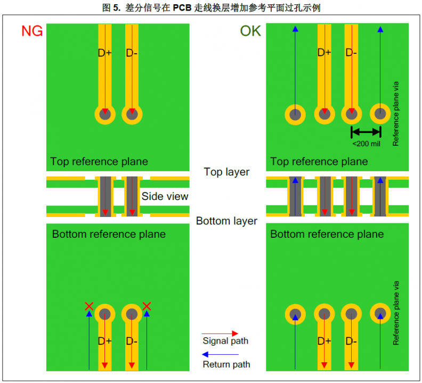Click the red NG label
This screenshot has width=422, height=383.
click(x=32, y=31)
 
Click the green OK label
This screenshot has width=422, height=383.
click(x=250, y=31)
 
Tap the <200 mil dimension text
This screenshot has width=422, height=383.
click(x=366, y=143)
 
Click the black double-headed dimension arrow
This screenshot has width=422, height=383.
click(x=366, y=131)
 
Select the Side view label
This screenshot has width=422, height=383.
click(x=165, y=196)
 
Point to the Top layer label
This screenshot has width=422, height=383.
click(x=226, y=172)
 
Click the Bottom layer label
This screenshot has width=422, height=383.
click(x=226, y=221)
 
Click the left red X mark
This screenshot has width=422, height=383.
click(x=89, y=306)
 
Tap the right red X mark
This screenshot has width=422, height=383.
click(x=147, y=306)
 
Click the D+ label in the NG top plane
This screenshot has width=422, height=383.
click(x=105, y=53)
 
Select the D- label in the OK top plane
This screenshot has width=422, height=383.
click(x=351, y=53)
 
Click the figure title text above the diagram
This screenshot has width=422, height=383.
click(x=211, y=7)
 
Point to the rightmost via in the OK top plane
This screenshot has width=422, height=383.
click(x=380, y=113)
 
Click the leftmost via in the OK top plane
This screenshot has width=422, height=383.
click(x=295, y=113)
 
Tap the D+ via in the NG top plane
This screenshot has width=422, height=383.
click(x=105, y=113)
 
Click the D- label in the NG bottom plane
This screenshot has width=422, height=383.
click(x=132, y=341)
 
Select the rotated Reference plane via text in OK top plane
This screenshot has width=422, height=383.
click(x=396, y=113)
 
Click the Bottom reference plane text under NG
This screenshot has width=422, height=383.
click(x=109, y=234)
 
